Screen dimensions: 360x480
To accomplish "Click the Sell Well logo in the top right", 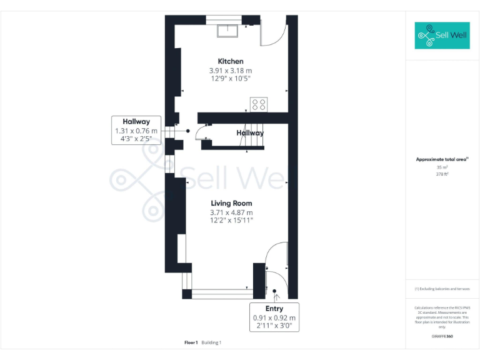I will [x=442, y=36].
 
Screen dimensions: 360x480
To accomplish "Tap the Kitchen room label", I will [x=230, y=61].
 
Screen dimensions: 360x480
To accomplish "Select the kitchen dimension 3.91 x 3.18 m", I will [x=230, y=71].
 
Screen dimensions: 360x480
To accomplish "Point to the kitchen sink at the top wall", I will [x=226, y=29].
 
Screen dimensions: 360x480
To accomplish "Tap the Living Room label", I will [x=231, y=203].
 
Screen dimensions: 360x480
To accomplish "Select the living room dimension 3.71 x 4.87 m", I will [x=231, y=212].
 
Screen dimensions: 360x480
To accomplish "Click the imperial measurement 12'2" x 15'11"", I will [x=231, y=221].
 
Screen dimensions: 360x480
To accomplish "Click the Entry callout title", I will [x=274, y=309].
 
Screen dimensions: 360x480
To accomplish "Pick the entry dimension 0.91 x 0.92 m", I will [x=274, y=317].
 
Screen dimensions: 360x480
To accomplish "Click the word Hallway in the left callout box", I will [x=136, y=121].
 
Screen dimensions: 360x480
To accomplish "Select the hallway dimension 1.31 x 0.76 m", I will [x=136, y=131].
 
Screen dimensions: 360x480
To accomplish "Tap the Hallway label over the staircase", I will [x=250, y=132].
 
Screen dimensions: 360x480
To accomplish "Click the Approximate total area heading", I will [x=442, y=159].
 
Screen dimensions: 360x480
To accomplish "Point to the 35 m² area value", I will [x=442, y=167].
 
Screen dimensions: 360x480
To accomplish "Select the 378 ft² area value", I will [x=442, y=174].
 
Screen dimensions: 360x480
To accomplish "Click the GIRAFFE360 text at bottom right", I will [x=442, y=337].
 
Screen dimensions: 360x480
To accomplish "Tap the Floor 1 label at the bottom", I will [x=191, y=342].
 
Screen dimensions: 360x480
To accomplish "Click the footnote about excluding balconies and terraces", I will [x=442, y=289].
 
